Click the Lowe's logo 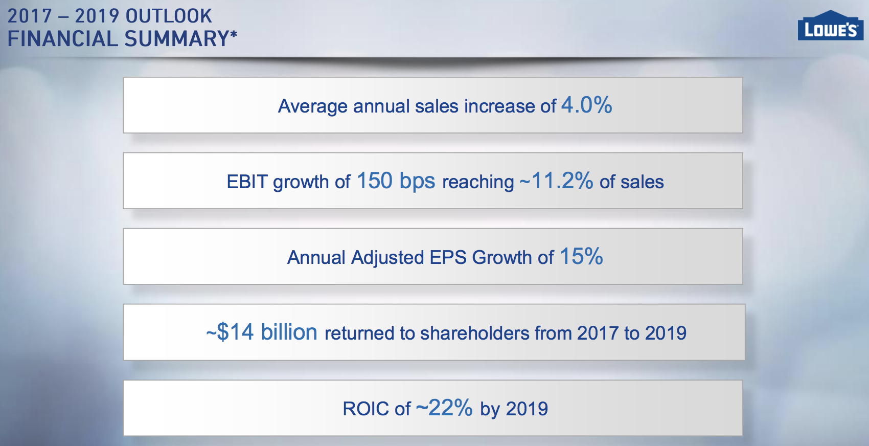click(x=830, y=27)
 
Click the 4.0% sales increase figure click(x=586, y=105)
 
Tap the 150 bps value click(x=396, y=181)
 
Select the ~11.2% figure click(x=557, y=181)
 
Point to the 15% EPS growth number click(x=581, y=257)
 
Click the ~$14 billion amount click(x=262, y=332)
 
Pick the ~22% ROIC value click(x=444, y=408)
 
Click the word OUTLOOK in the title click(x=169, y=16)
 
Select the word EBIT click(x=247, y=182)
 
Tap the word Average click(x=313, y=106)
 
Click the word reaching click(x=478, y=182)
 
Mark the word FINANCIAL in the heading click(x=62, y=39)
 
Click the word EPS click(x=448, y=258)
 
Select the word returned click(x=360, y=333)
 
